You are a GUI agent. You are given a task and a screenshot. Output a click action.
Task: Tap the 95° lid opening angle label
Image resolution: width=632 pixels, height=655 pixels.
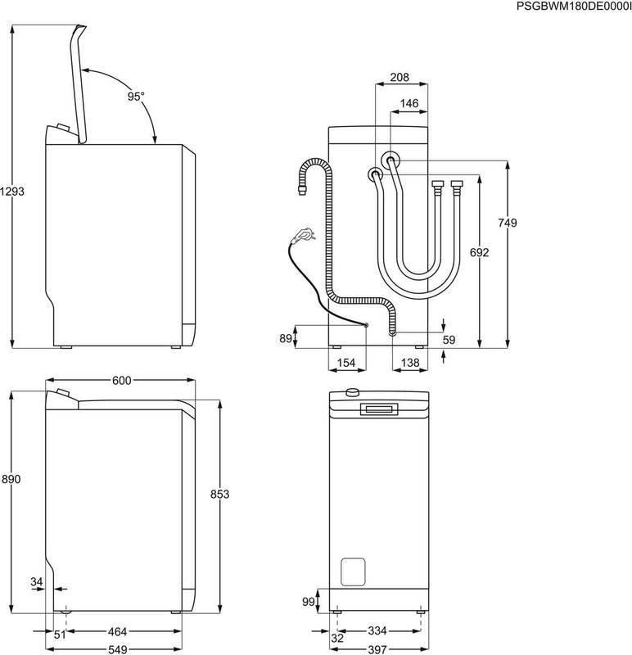pyautogui.click(x=135, y=96)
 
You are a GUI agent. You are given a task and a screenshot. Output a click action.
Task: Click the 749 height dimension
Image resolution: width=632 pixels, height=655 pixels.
pyautogui.click(x=508, y=223)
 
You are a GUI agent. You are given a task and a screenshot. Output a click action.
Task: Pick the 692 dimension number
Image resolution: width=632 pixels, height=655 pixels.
pyautogui.click(x=479, y=252)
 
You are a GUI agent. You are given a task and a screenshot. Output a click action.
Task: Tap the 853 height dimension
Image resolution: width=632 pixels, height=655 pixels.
pyautogui.click(x=219, y=494)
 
